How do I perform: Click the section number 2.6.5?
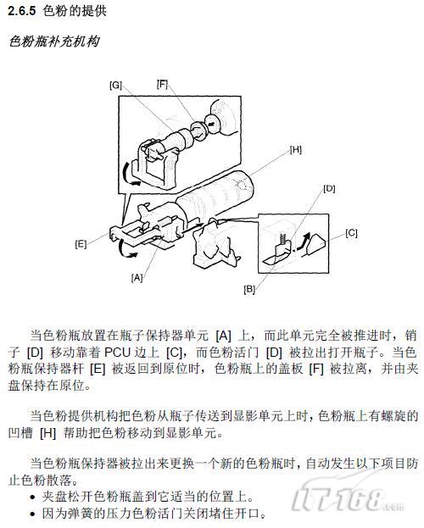21,11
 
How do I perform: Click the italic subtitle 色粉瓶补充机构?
54,42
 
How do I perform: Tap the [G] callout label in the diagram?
115,86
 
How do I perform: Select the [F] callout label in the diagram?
162,84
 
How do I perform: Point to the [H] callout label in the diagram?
296,150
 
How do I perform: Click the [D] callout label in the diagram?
329,188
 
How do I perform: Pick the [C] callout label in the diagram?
351,233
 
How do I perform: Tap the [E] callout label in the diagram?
81,244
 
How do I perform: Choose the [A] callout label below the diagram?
137,278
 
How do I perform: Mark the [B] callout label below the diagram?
249,289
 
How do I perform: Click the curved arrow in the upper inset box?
130,174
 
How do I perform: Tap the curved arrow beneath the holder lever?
126,250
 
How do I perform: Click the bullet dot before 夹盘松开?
32,497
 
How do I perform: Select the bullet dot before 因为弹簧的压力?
32,514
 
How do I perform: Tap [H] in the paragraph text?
47,433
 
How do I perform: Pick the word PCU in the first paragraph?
117,353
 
